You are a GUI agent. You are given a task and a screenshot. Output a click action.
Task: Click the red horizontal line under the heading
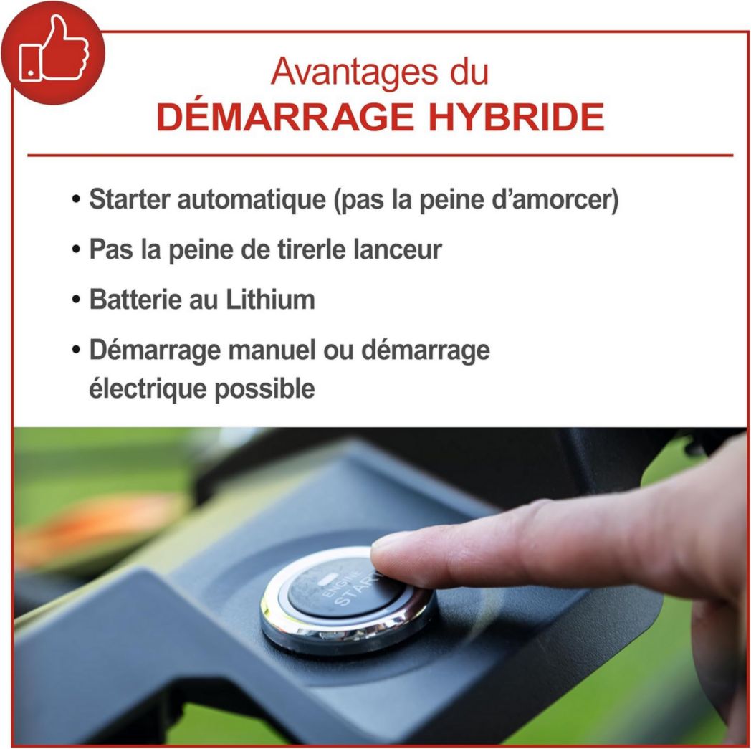pyautogui.click(x=380, y=155)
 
